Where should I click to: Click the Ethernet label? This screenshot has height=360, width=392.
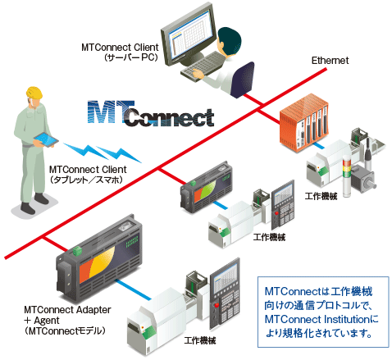(330, 61)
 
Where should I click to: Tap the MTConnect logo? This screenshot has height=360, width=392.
(151, 114)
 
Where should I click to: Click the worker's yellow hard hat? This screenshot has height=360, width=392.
(34, 93)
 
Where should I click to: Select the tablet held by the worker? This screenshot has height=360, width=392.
(46, 140)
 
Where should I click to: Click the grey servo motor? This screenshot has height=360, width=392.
(363, 179)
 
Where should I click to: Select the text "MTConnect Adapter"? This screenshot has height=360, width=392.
(67, 310)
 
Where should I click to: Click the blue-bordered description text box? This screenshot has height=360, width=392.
(323, 312)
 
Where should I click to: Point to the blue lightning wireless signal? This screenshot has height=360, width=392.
(103, 152)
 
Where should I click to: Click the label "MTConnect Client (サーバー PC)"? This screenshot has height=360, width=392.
(120, 52)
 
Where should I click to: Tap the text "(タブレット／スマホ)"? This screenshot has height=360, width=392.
(86, 180)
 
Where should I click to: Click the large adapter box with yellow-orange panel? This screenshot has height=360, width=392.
(99, 259)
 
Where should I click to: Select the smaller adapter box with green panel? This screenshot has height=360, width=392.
(207, 188)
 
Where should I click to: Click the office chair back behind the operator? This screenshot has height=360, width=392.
(242, 80)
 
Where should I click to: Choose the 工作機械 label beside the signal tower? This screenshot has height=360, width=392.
(321, 196)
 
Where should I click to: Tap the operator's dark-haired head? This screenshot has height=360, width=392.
(230, 40)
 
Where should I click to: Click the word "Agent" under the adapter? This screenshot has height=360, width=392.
(47, 321)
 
